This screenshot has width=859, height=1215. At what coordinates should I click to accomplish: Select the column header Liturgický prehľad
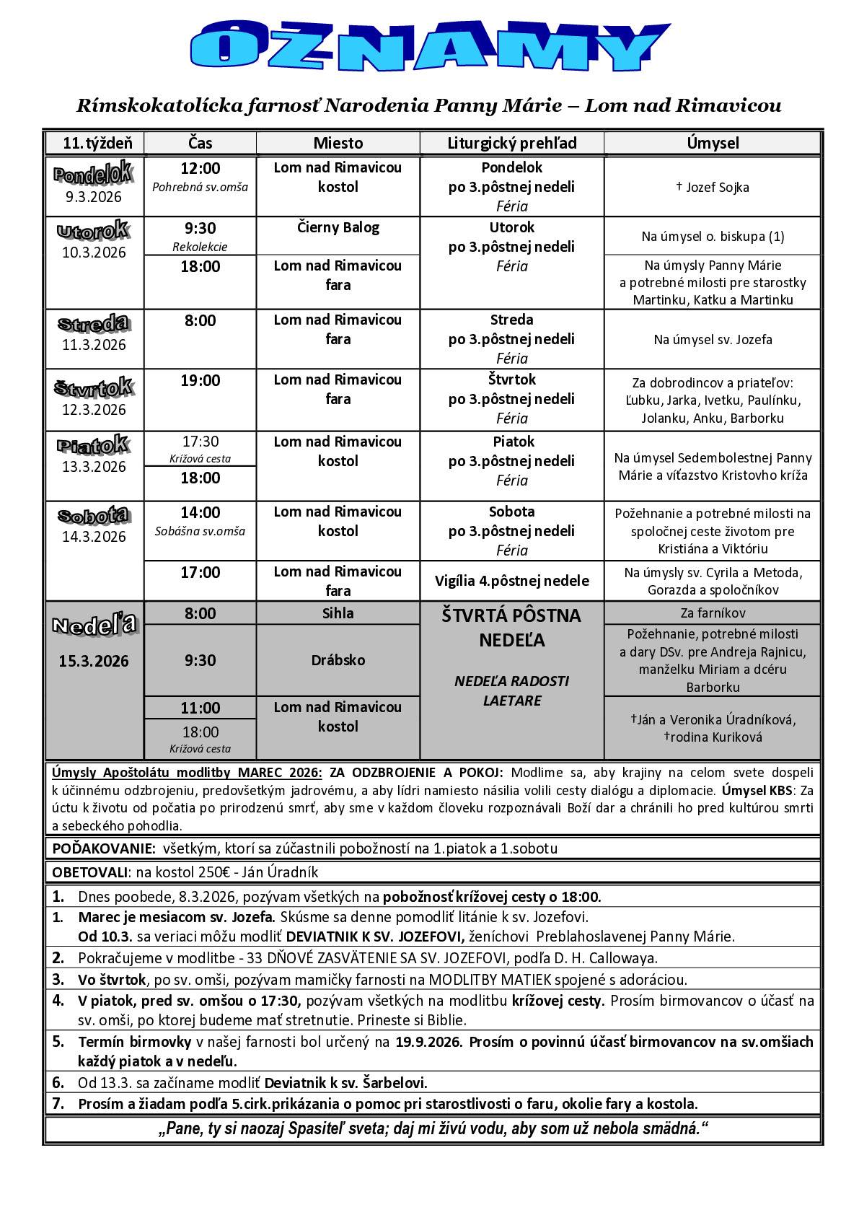point(511,143)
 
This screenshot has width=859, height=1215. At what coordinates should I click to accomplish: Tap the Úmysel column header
point(713,143)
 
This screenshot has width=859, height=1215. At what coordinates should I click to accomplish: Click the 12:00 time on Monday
point(200,169)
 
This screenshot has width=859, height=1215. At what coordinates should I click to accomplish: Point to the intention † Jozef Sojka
point(713,188)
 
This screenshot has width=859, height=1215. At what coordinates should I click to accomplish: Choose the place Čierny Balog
point(338,228)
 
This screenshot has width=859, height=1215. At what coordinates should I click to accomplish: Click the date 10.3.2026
point(94,253)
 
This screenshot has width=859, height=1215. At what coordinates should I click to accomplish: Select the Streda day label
point(94,323)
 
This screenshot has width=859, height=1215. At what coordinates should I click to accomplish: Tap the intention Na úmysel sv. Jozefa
point(713,339)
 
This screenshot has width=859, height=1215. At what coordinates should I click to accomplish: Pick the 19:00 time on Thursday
point(200,380)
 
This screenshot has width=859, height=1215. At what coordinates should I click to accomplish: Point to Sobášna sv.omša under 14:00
point(200,532)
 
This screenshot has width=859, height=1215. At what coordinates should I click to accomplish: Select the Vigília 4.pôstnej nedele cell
point(511,581)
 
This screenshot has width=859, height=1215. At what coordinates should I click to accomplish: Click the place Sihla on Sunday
point(338,613)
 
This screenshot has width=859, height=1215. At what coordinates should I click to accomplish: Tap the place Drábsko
point(338,660)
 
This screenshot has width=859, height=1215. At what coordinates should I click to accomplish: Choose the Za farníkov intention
point(713,613)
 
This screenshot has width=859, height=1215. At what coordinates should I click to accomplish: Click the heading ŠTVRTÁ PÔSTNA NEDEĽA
point(511,628)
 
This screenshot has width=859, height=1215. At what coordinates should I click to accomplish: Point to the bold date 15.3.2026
point(94,661)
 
